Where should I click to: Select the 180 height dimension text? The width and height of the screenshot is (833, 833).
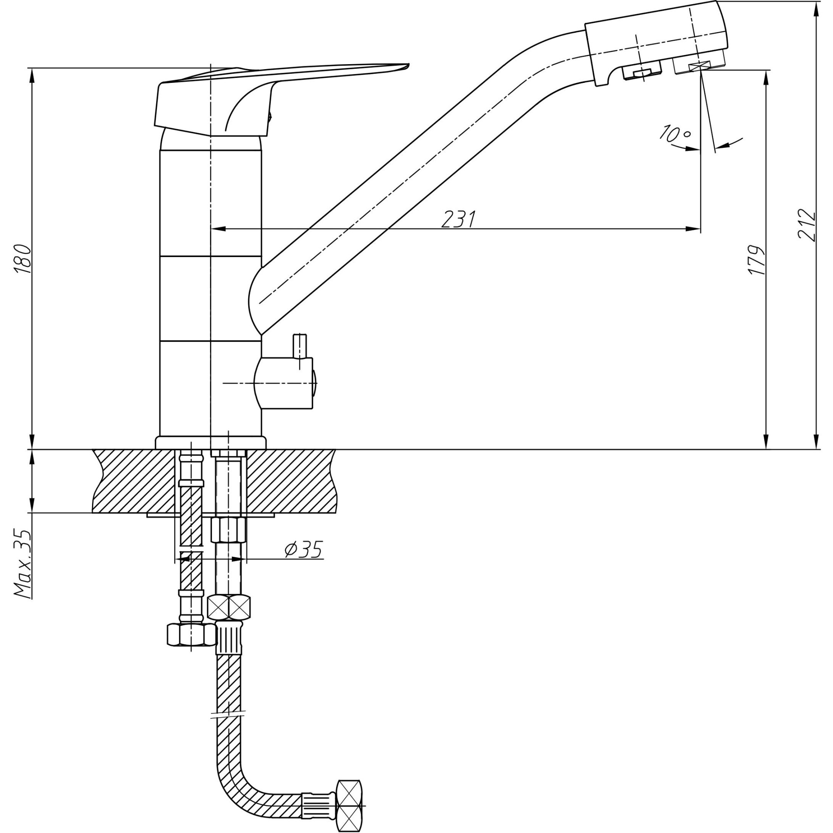[x=22, y=259]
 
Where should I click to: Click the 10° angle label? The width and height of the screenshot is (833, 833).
[x=675, y=134]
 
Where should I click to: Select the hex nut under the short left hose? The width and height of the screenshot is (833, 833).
[x=190, y=635]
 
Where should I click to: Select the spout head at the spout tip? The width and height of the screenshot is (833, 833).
[x=655, y=43]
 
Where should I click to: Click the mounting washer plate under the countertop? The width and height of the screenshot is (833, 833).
[x=210, y=515]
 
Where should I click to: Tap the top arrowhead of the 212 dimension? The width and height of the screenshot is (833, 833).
[x=816, y=9]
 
